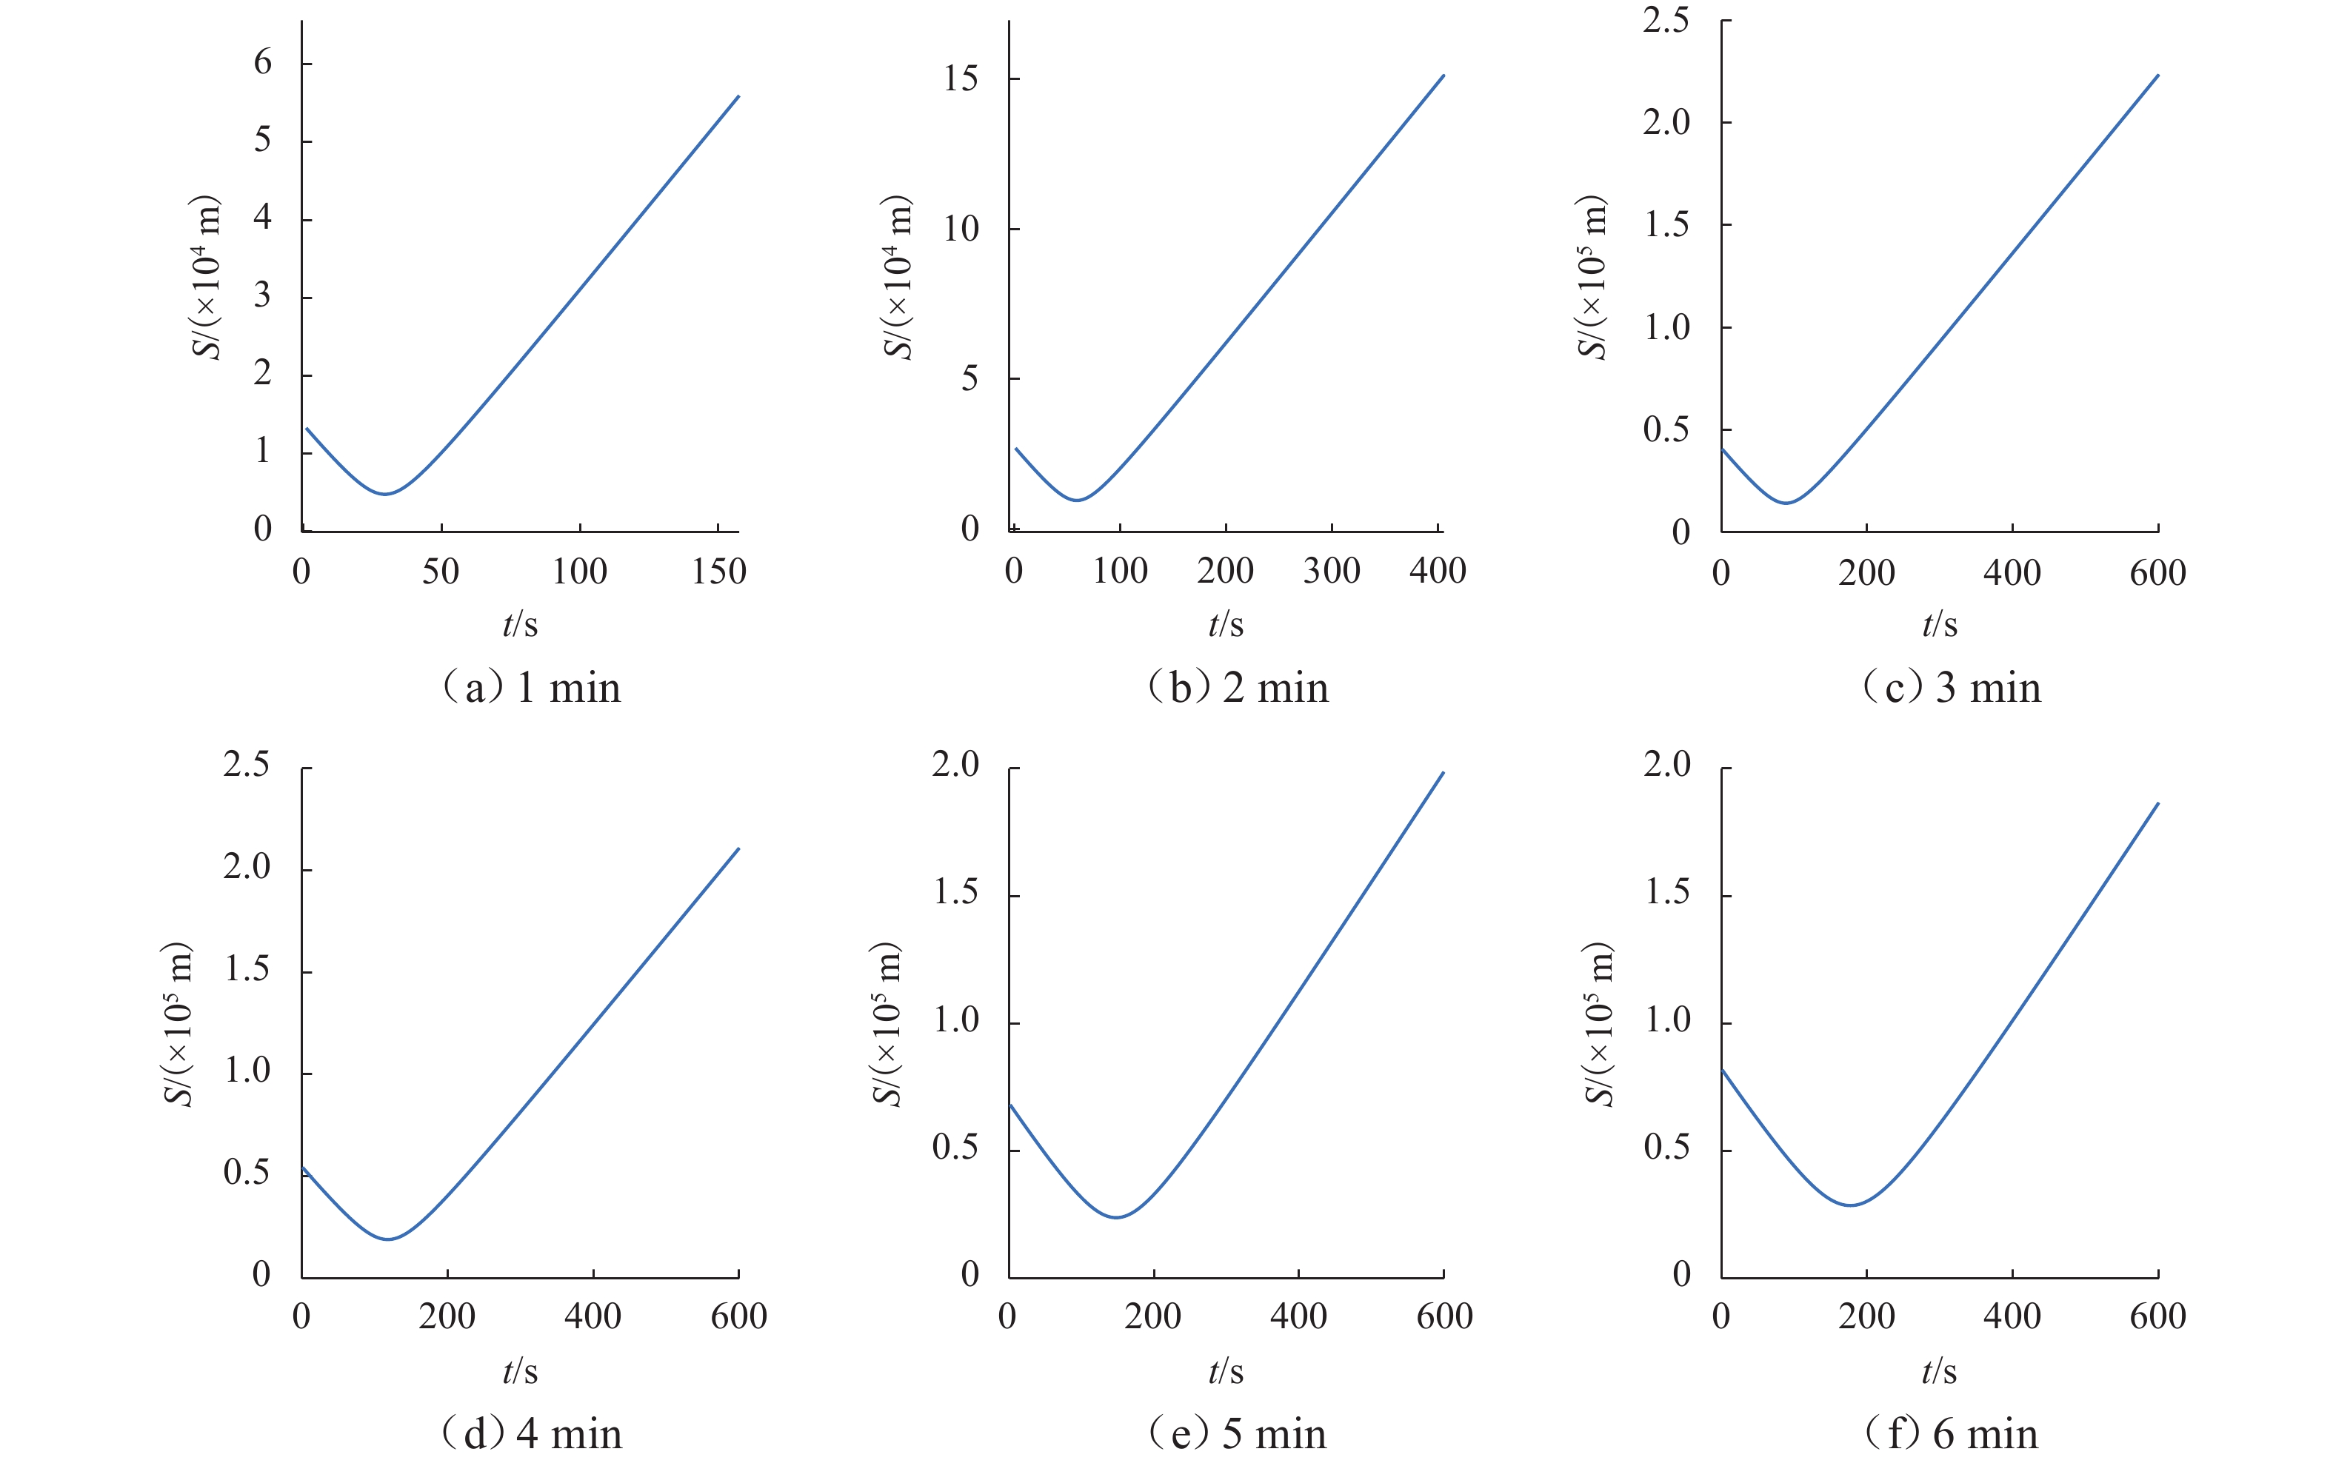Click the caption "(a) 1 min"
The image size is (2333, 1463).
pyautogui.click(x=530, y=689)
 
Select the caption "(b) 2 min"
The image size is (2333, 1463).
pyautogui.click(x=1238, y=689)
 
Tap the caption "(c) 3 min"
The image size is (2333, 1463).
pyautogui.click(x=1951, y=689)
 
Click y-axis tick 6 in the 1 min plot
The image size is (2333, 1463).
pyautogui.click(x=262, y=64)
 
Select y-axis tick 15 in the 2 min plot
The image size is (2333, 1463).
pyautogui.click(x=961, y=79)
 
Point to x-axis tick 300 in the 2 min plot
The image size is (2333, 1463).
pyautogui.click(x=1332, y=572)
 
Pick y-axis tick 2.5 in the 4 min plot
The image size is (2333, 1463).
pyautogui.click(x=247, y=766)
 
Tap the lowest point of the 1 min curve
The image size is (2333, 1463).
pyautogui.click(x=385, y=495)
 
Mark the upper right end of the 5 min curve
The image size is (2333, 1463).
pyautogui.click(x=1443, y=772)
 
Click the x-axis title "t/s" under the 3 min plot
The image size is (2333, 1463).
pyautogui.click(x=1939, y=625)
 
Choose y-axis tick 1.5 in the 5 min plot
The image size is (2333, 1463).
pyautogui.click(x=956, y=893)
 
